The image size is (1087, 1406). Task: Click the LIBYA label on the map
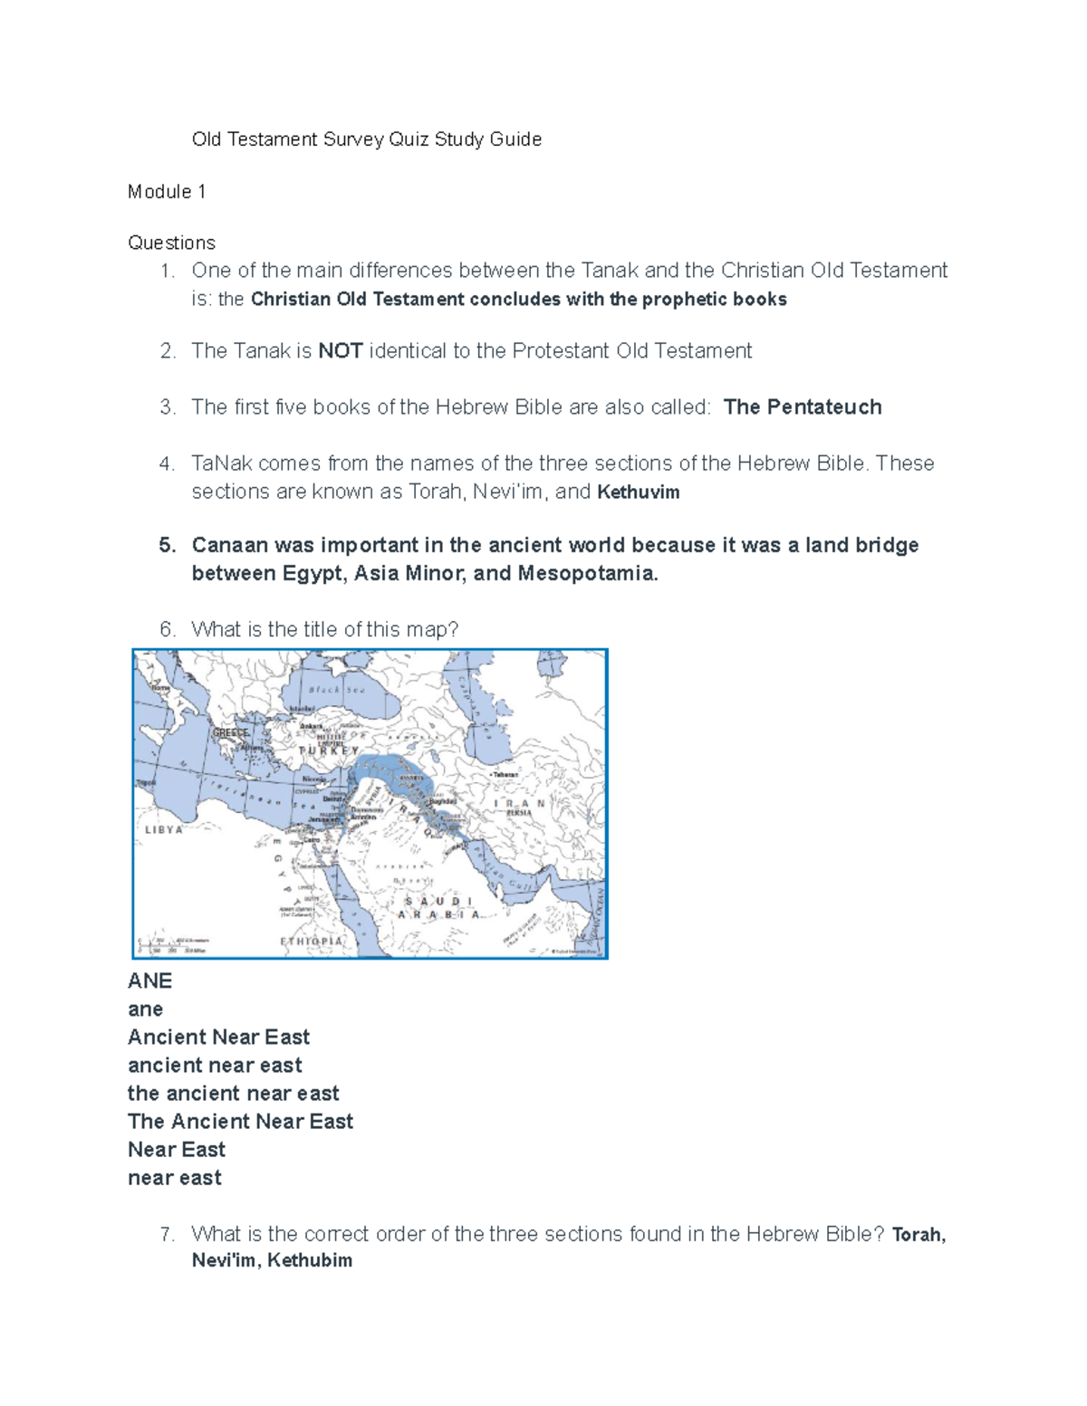(164, 829)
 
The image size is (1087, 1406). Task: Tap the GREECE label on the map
(230, 732)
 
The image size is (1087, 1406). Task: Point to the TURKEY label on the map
(328, 751)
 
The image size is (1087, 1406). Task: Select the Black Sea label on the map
(337, 690)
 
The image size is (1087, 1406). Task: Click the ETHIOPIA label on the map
(312, 941)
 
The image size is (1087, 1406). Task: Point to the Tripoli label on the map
(145, 781)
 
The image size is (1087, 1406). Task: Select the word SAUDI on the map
(438, 901)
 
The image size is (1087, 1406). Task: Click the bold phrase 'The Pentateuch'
(803, 407)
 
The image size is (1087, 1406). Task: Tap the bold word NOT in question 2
(341, 351)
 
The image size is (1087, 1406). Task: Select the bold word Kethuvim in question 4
(638, 493)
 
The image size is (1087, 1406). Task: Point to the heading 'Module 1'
(167, 192)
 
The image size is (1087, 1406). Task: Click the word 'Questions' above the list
(171, 243)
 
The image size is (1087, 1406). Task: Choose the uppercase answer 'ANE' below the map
(149, 981)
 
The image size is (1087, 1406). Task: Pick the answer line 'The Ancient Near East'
(240, 1122)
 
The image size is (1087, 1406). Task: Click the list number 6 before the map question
(167, 630)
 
